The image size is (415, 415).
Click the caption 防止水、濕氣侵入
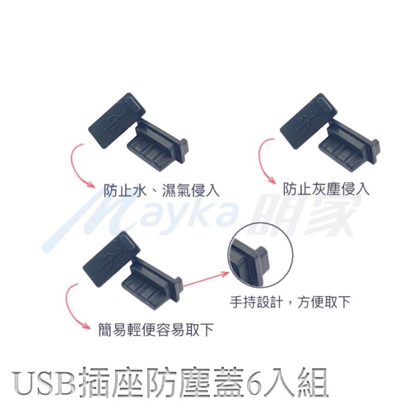tap(161, 190)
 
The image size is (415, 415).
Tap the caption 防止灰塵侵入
tap(326, 189)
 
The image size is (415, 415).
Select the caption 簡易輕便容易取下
tap(156, 329)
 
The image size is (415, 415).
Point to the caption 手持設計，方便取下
tap(290, 302)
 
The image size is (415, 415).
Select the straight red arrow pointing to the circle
tap(206, 280)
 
